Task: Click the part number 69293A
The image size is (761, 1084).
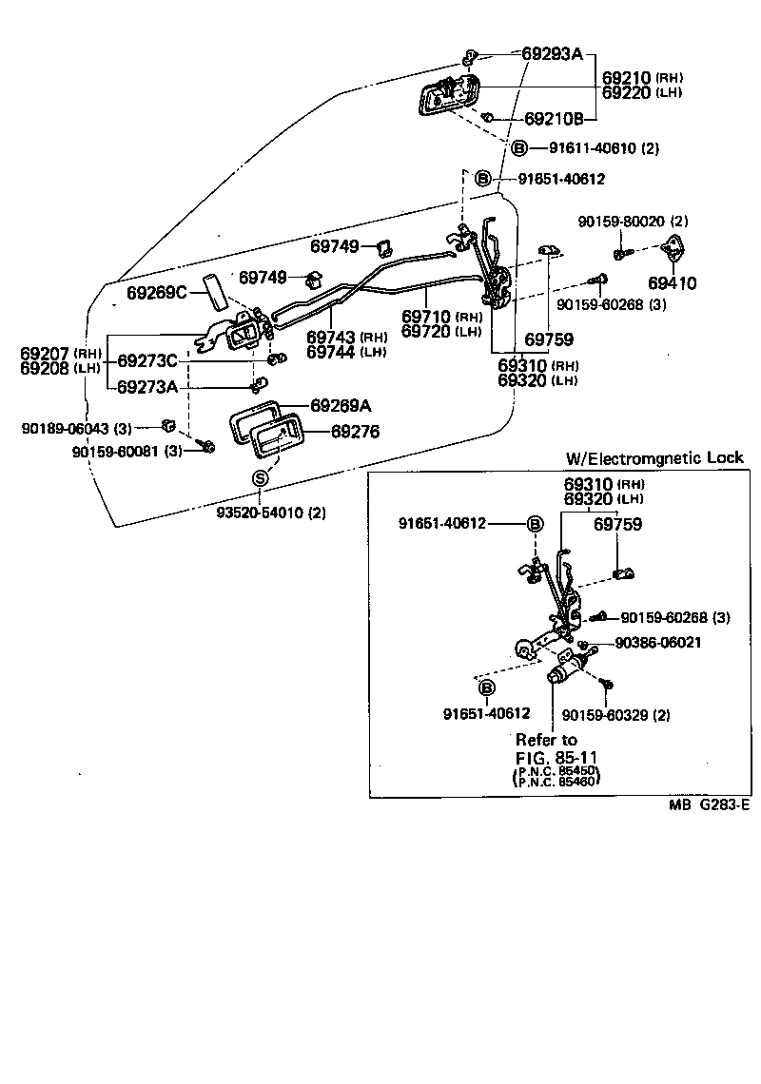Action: point(552,54)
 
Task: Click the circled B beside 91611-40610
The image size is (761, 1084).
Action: point(520,148)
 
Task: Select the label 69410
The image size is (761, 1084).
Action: point(673,282)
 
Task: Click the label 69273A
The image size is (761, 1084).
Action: point(147,387)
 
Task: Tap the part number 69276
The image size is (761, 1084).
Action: point(355,432)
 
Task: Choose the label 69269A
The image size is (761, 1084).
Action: point(340,406)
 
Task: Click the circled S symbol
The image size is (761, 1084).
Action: point(260,478)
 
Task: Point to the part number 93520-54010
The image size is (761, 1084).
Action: point(269,513)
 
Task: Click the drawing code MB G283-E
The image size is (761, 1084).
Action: point(709,805)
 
